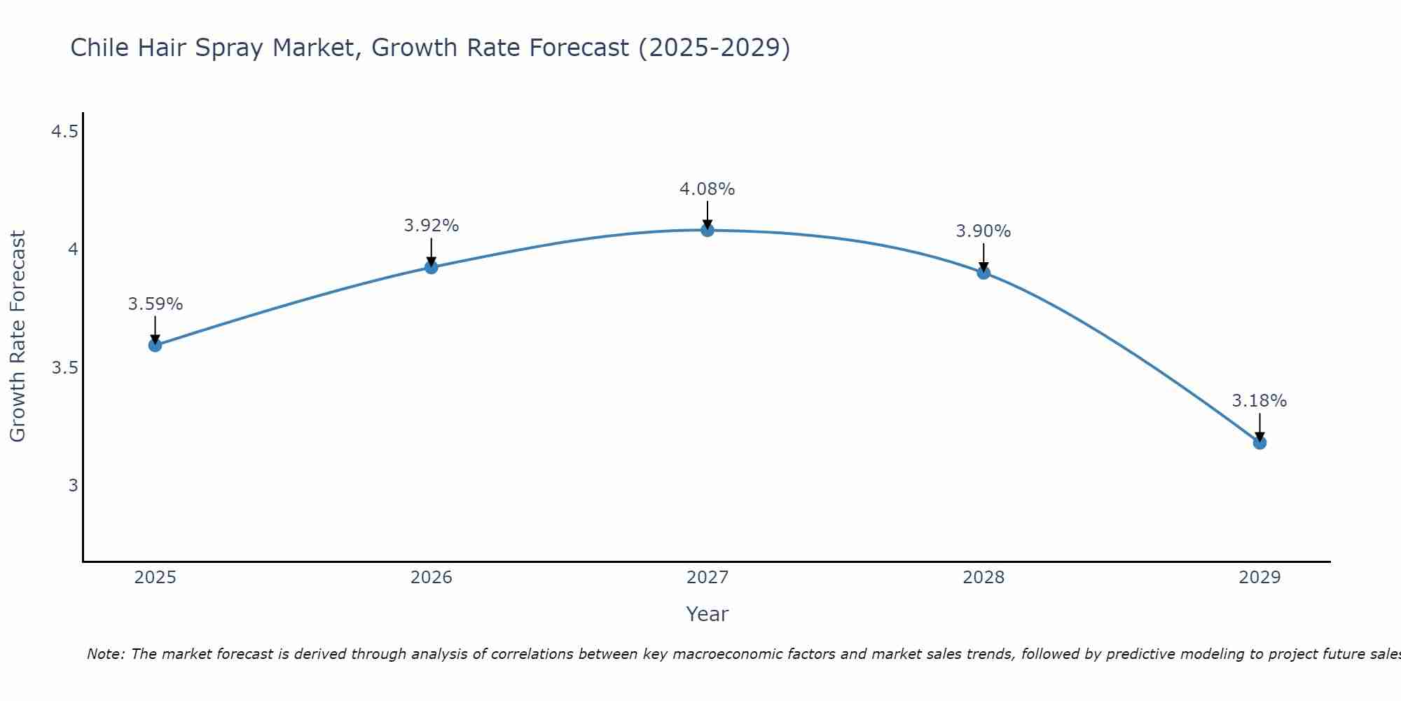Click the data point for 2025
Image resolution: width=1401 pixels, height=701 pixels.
(x=155, y=345)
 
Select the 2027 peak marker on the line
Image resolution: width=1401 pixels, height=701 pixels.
(x=708, y=230)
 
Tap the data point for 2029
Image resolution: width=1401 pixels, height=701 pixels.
(x=1259, y=442)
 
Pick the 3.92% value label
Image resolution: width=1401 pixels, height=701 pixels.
(x=432, y=226)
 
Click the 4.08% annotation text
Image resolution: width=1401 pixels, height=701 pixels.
(x=708, y=189)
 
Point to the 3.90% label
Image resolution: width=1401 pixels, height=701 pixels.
(x=984, y=231)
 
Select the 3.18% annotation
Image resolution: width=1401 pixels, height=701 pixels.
(x=1259, y=401)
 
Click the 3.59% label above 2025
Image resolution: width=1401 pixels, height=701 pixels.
(x=156, y=304)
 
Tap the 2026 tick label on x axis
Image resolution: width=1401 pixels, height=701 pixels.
(x=432, y=578)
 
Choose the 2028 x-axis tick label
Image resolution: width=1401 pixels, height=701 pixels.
(x=984, y=578)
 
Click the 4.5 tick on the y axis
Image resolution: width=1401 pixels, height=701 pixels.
(x=64, y=132)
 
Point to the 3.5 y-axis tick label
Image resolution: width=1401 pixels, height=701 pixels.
(x=64, y=368)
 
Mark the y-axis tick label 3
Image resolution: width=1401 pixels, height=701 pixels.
(x=73, y=486)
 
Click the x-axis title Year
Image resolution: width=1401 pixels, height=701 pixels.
(x=708, y=614)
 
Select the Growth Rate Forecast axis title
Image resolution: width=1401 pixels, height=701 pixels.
(x=18, y=336)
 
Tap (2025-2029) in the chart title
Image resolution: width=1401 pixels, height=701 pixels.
(x=714, y=48)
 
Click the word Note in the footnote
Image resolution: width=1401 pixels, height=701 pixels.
(x=104, y=654)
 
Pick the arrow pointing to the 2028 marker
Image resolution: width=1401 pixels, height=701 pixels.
(x=984, y=258)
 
